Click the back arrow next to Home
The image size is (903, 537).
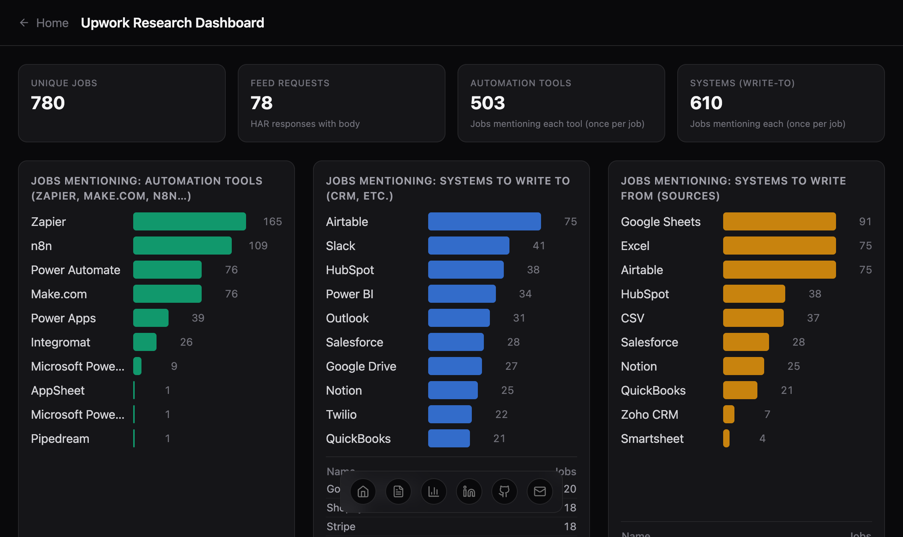24,23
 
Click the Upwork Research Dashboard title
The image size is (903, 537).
172,23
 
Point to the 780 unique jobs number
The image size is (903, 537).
48,103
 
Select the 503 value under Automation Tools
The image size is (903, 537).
488,103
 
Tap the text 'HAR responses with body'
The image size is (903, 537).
305,124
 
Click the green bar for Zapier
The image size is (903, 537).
189,221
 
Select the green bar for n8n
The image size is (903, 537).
182,246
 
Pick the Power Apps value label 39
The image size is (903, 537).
198,318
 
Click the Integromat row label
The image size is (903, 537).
61,342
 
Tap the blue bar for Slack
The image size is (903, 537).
468,246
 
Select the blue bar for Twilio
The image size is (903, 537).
450,414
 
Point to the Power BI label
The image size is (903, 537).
350,294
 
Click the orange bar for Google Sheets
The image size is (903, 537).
779,221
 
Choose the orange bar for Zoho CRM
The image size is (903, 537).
728,414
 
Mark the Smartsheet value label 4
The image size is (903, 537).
762,438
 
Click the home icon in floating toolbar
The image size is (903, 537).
363,491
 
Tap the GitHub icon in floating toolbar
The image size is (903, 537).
504,491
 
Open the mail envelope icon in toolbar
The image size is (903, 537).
540,491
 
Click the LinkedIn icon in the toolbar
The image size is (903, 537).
469,491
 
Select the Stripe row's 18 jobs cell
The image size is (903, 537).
570,526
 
